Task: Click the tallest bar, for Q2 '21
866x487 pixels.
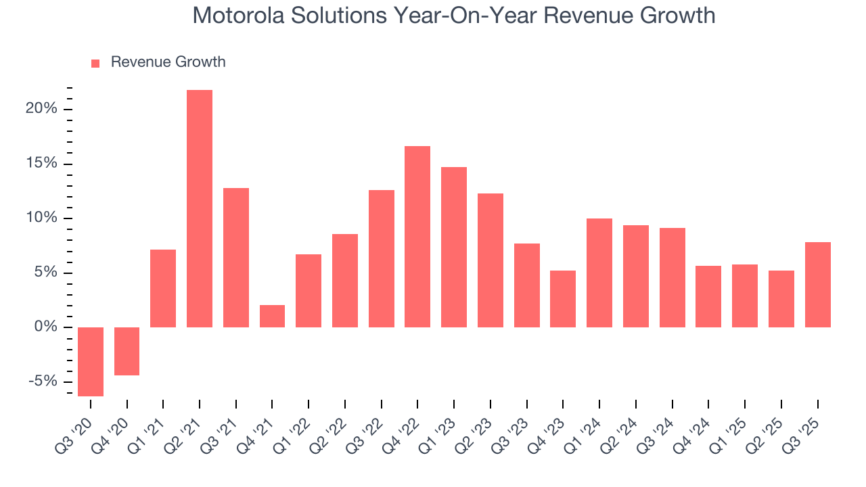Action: (x=200, y=208)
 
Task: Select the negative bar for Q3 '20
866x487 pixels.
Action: (x=91, y=362)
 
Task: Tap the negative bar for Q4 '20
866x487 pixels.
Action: (x=127, y=351)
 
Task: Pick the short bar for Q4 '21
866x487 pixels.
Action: (x=272, y=317)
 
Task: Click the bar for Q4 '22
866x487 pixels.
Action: (x=417, y=237)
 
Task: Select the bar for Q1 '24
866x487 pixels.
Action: (x=599, y=273)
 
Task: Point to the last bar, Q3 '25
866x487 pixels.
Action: (x=817, y=285)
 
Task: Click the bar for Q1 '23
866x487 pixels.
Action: (x=454, y=247)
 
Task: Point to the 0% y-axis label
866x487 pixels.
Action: (x=45, y=327)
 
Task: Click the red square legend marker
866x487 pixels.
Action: (x=95, y=64)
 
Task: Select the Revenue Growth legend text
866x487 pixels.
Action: (x=168, y=62)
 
